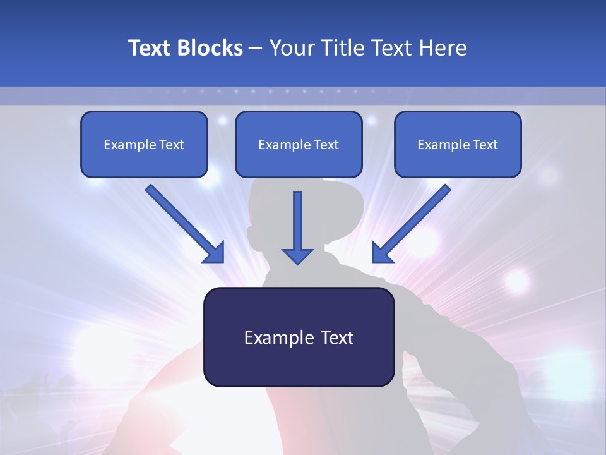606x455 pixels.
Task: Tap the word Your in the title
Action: (x=291, y=48)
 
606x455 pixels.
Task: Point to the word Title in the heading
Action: (x=342, y=48)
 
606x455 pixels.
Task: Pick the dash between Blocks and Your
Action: (x=256, y=49)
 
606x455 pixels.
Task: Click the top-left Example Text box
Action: (x=144, y=144)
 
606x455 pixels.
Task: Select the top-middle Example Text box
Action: (x=299, y=144)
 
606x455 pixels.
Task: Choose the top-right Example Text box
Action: (x=458, y=144)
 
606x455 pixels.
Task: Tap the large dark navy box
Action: (x=299, y=337)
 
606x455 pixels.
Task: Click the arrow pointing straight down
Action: (x=297, y=227)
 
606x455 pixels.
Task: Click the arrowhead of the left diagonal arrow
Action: (x=215, y=253)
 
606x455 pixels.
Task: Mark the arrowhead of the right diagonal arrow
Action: (x=381, y=253)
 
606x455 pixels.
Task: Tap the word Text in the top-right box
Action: (x=485, y=145)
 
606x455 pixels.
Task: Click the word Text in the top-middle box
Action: (x=326, y=145)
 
